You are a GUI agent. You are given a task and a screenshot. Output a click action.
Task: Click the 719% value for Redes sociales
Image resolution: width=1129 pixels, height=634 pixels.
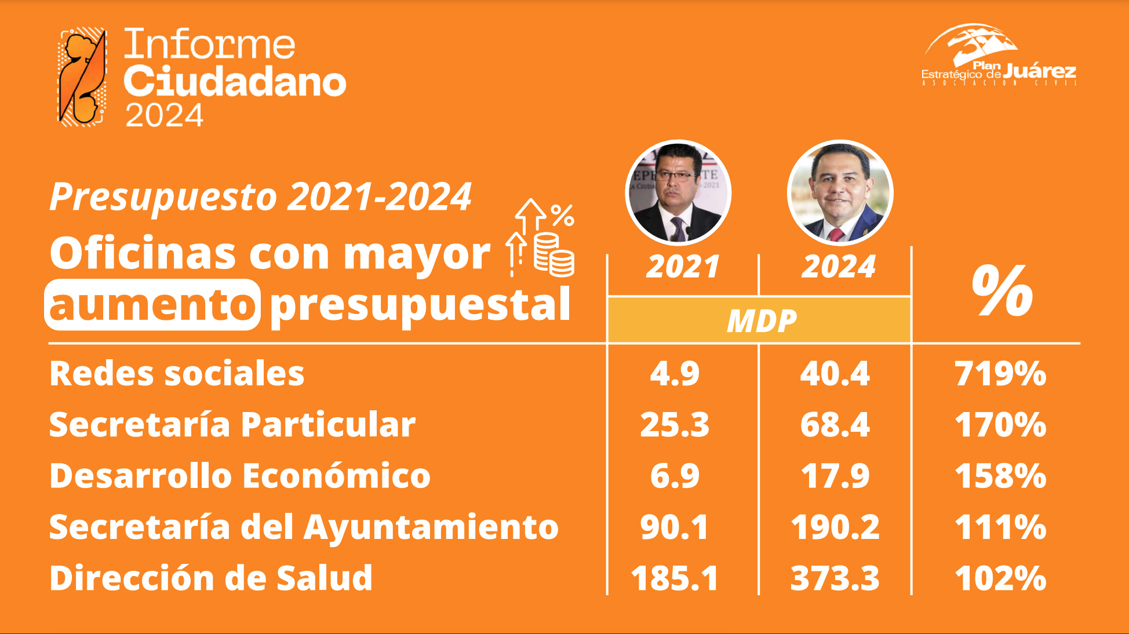coord(1000,373)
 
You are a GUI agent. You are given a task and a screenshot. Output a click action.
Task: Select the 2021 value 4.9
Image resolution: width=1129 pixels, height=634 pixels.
coord(675,373)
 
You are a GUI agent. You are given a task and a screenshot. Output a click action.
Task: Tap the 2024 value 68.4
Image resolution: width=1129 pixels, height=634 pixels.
coord(835,425)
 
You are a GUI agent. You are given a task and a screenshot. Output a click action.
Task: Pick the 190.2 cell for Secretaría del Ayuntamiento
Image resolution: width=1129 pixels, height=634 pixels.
coord(835,527)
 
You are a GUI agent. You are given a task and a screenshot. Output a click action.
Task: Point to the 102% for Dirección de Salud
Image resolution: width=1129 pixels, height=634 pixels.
coord(1000,578)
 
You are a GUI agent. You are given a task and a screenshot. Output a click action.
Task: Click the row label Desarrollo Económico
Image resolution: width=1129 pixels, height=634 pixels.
coord(240,476)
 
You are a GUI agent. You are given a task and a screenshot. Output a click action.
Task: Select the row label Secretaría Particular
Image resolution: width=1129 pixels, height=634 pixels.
coord(232,424)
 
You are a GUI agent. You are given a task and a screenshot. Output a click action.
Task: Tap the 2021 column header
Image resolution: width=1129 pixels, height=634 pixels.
coord(683,267)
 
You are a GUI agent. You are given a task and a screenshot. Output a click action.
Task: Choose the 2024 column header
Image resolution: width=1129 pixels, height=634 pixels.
coord(839,267)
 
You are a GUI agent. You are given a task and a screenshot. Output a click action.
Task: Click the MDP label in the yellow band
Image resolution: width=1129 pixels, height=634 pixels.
coord(762,321)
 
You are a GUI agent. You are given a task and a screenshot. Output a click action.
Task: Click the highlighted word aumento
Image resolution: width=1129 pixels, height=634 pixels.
coord(152,305)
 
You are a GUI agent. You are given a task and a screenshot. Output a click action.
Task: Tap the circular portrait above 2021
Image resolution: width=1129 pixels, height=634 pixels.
coord(678,193)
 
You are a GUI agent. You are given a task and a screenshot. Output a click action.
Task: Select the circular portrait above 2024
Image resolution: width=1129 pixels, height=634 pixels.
coord(840,193)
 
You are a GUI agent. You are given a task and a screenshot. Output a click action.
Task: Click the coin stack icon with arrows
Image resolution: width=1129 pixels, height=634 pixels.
coord(540,238)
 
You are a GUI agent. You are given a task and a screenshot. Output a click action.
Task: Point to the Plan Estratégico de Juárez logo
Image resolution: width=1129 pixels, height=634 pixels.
coord(999,55)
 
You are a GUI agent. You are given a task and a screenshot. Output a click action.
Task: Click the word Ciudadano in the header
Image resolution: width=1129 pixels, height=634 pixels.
coord(235,82)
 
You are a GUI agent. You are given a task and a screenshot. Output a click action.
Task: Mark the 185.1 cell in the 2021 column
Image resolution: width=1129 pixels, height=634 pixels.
coord(675,578)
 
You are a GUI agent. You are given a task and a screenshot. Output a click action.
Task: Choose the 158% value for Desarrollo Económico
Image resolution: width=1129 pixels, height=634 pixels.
coord(1000,476)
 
